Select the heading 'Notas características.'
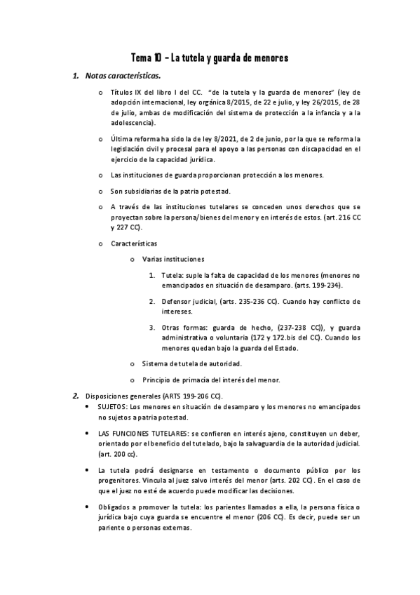(122, 75)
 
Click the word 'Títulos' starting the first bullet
(123, 92)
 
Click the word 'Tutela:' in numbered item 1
(172, 276)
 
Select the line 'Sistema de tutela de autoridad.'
(191, 363)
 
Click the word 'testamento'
(222, 469)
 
